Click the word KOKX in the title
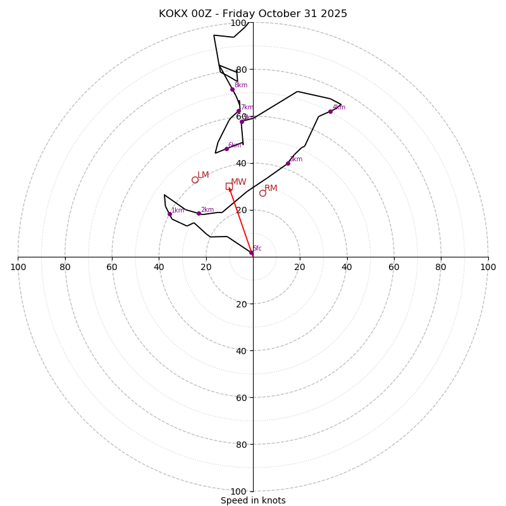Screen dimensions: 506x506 coord(173,14)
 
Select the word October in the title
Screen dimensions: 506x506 coord(281,14)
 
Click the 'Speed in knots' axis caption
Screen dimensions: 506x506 coord(253,500)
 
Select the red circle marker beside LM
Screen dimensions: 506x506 coord(195,180)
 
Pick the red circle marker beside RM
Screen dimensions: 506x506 coord(262,193)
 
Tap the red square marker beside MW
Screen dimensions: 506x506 coord(229,186)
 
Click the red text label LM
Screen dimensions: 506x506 coord(203,175)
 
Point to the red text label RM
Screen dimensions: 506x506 coord(271,188)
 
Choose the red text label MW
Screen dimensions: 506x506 coord(238,182)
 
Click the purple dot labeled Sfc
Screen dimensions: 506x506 coord(251,253)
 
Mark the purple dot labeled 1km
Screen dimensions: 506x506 coord(170,214)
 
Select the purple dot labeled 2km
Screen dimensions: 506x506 coord(199,213)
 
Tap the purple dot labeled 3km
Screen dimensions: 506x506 coord(288,163)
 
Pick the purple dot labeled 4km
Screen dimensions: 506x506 coord(330,111)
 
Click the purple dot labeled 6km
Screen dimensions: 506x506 coord(226,149)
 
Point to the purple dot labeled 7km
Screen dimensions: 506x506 coord(238,111)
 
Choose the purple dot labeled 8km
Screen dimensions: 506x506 coord(232,89)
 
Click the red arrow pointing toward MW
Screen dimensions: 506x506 coord(240,219)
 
